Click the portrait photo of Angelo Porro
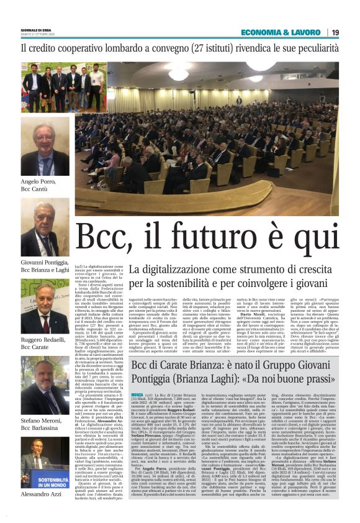coord(45,148)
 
